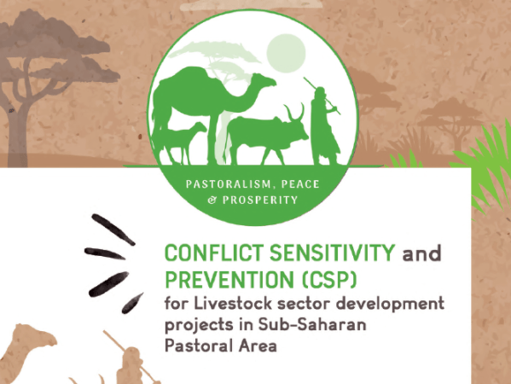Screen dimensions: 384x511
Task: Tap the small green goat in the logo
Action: [x=189, y=138]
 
